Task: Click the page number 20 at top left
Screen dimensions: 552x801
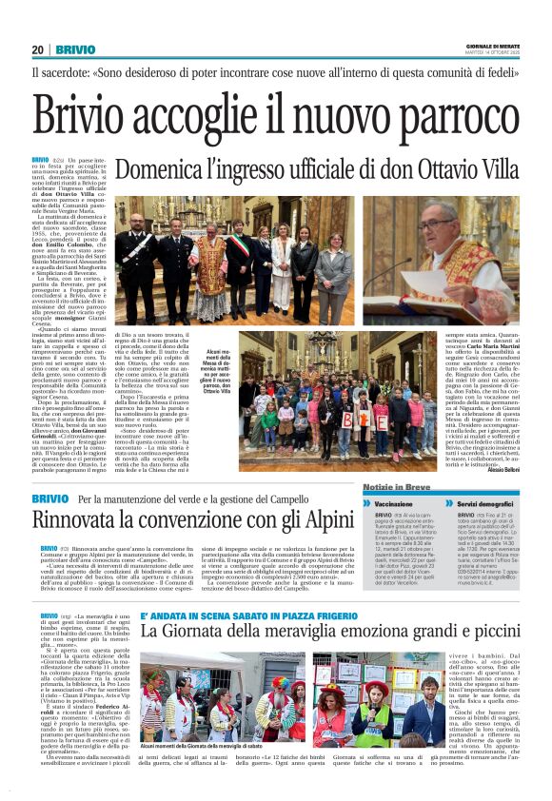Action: (x=38, y=49)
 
